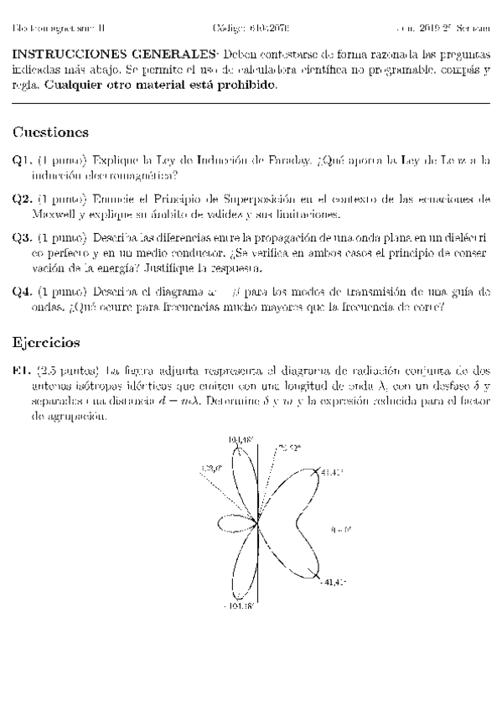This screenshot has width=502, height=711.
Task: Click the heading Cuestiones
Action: pyautogui.click(x=51, y=133)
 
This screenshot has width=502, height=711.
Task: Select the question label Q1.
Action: pyautogui.click(x=22, y=160)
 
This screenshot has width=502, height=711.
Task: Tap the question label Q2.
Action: pyautogui.click(x=22, y=200)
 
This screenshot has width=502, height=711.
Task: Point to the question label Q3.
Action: pyautogui.click(x=22, y=238)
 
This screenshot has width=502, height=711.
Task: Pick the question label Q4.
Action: pyautogui.click(x=22, y=292)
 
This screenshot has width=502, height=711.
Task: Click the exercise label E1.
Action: pyautogui.click(x=22, y=370)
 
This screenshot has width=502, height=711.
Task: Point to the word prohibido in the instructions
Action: pyautogui.click(x=251, y=85)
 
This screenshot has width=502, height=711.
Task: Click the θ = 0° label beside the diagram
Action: pyautogui.click(x=341, y=529)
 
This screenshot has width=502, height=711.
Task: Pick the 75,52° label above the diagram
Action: pyautogui.click(x=289, y=448)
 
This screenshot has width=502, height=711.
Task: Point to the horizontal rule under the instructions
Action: pyautogui.click(x=251, y=103)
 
